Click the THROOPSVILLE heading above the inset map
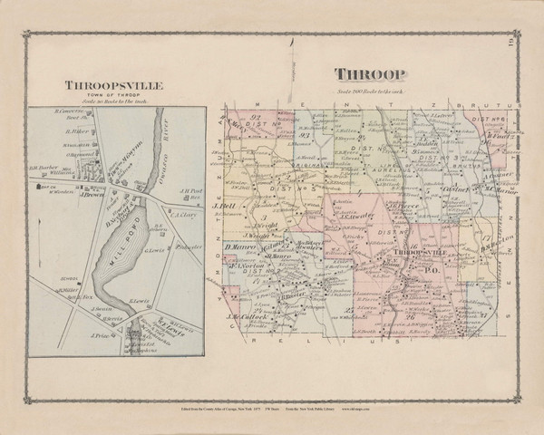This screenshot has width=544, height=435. tap(112, 86)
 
